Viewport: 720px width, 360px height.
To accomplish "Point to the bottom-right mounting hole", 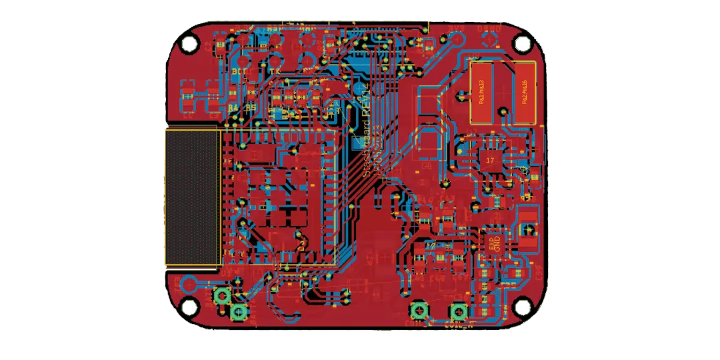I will [521, 307].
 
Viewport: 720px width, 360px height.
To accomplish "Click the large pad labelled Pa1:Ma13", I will [481, 93].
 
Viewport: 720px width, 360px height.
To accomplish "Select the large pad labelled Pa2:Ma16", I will [525, 93].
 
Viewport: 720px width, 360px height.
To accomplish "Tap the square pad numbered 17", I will [490, 161].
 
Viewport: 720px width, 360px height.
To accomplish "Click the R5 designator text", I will [251, 107].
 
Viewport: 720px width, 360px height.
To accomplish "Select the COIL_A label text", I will [457, 325].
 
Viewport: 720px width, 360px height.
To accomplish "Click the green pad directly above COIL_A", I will [458, 312].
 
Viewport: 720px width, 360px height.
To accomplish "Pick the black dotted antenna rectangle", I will [192, 197].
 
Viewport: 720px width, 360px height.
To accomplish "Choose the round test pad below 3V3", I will [457, 40].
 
